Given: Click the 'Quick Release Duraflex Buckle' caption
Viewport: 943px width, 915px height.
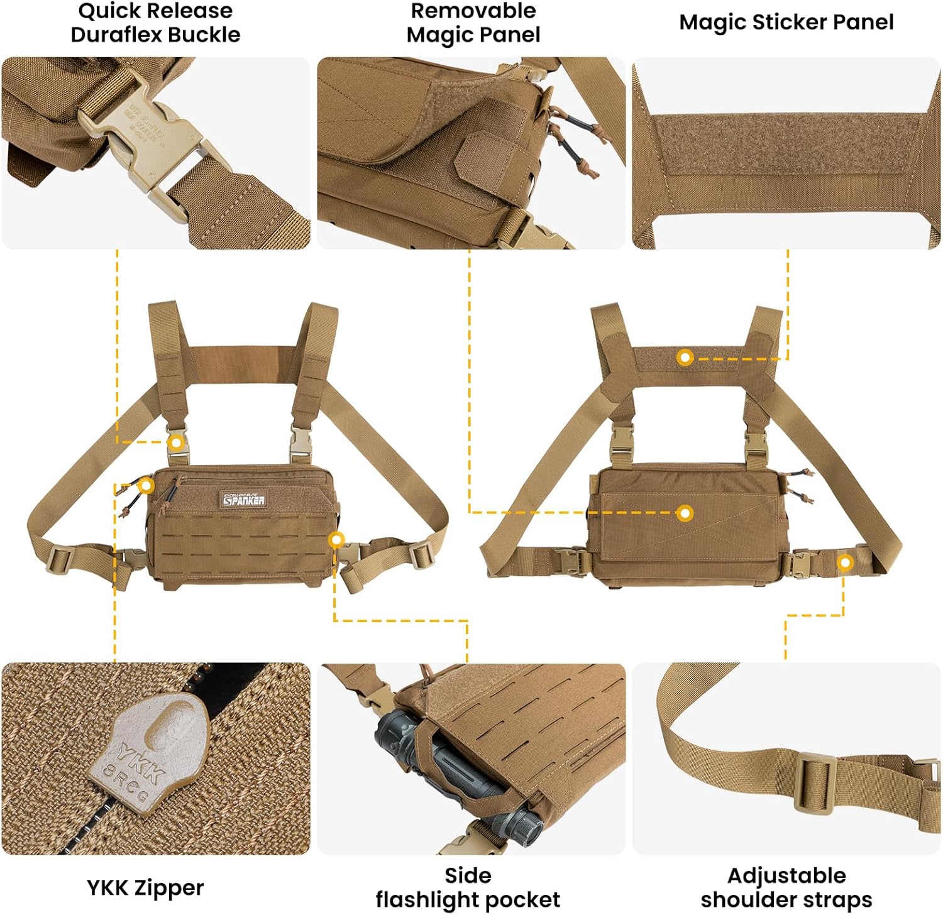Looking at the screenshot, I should tap(155, 23).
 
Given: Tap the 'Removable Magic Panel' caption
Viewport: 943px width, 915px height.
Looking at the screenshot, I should tap(473, 23).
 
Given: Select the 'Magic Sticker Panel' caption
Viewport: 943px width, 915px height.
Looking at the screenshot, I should tap(786, 22).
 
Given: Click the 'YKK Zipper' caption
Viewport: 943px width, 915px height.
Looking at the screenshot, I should tap(145, 887).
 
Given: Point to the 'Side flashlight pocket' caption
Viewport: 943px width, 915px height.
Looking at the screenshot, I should tap(468, 887).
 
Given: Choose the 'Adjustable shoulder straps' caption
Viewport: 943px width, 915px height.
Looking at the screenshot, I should tap(786, 887).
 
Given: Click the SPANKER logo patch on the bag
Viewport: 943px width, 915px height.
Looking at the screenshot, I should tap(244, 499).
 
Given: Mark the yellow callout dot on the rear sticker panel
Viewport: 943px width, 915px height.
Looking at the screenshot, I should tap(685, 358).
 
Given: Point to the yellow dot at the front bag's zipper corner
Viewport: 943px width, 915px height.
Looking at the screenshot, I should tap(146, 485).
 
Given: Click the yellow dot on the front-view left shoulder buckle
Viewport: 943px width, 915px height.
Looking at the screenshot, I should tap(177, 442).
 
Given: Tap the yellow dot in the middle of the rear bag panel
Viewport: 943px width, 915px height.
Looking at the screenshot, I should tap(685, 513).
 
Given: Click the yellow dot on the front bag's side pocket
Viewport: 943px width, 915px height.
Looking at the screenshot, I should tap(336, 539).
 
